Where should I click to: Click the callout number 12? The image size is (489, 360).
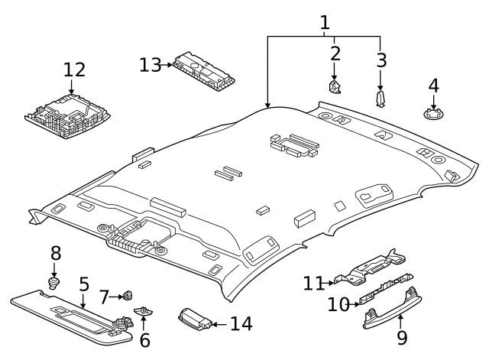[74, 70]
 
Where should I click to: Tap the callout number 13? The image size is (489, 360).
[151, 65]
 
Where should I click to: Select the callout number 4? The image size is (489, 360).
[433, 86]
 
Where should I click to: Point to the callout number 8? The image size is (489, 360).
[55, 253]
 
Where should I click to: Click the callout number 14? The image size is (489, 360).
[241, 324]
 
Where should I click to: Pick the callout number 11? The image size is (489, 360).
[313, 284]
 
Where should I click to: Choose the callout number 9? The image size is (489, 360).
[402, 338]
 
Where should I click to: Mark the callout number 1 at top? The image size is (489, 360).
[325, 22]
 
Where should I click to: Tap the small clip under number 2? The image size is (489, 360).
[335, 88]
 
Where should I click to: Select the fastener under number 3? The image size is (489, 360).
[381, 99]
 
